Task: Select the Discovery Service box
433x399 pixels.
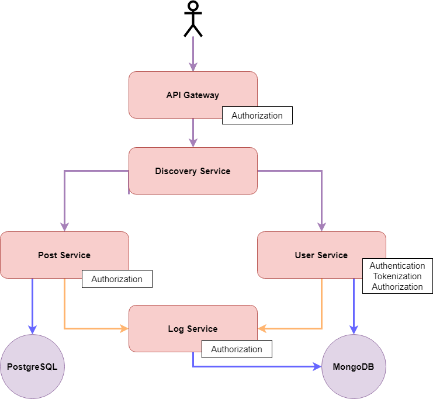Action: (192, 171)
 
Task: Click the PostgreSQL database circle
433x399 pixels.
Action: (32, 367)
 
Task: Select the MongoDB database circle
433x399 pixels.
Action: (354, 367)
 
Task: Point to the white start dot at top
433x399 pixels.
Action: (193, 6)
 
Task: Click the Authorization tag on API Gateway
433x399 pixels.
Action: (257, 116)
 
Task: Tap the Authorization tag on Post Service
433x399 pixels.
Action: (117, 279)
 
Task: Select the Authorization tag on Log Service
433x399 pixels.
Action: (237, 349)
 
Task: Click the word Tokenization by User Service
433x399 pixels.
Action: (397, 276)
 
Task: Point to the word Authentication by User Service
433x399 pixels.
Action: (397, 266)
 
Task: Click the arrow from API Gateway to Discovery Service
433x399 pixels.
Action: (193, 133)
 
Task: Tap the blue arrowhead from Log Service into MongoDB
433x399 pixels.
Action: (317, 367)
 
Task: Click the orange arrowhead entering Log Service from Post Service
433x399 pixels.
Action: (124, 329)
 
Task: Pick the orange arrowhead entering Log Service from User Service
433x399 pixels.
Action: (262, 329)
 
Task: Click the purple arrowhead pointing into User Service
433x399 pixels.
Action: (321, 227)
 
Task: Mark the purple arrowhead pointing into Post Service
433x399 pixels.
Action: (64, 227)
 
